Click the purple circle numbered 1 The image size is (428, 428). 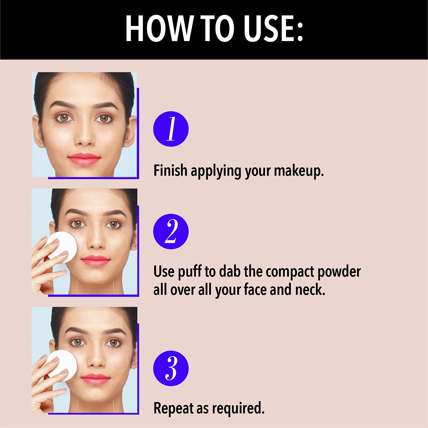[x=171, y=129]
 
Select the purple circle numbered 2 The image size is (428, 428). [x=171, y=231]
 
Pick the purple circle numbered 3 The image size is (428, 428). [x=171, y=368]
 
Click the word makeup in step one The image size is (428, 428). [x=299, y=171]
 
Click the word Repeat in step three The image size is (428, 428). [x=173, y=408]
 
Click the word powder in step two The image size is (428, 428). [x=339, y=271]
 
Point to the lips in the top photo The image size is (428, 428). [x=84, y=159]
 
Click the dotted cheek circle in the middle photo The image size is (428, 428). [x=111, y=244]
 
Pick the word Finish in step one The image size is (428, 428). [x=170, y=170]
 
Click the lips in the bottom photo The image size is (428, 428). [x=96, y=379]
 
